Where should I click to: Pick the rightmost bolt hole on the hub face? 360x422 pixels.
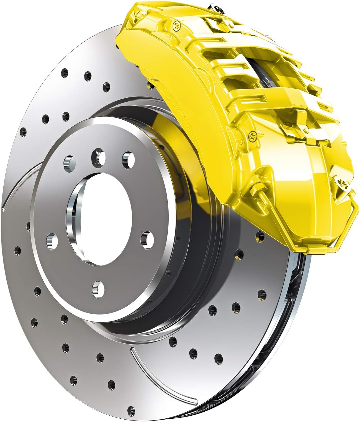click(147, 240)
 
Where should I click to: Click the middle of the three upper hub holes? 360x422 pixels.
click(99, 156)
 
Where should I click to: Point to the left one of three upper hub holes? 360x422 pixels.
click(69, 161)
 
